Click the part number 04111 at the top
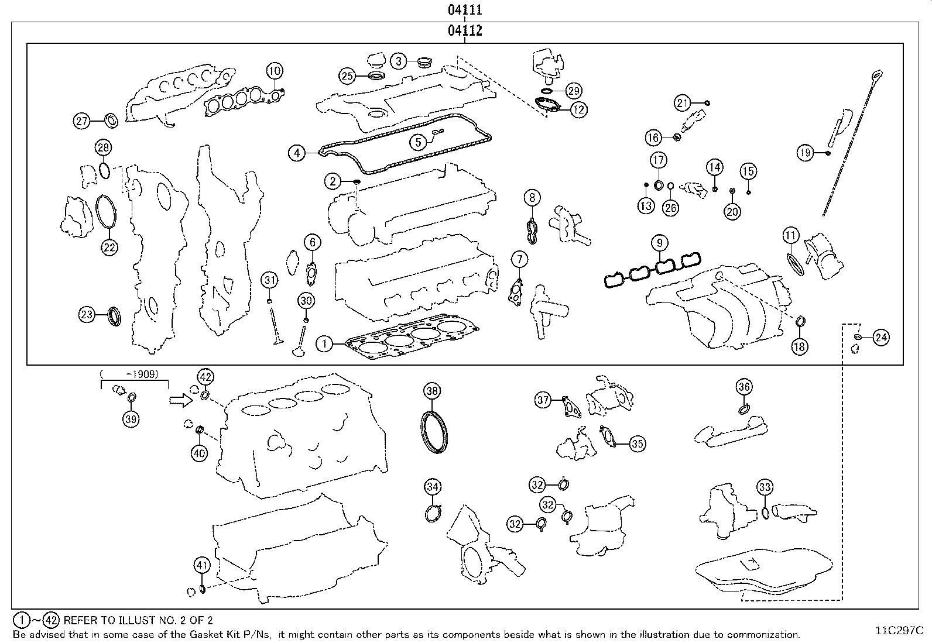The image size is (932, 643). coord(465,9)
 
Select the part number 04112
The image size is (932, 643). coord(465,30)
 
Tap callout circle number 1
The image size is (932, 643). coord(324,343)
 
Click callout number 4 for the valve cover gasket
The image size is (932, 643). coord(297,153)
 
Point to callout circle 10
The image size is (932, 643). coord(275,71)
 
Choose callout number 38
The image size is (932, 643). coord(432,391)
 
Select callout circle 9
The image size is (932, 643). coord(659,243)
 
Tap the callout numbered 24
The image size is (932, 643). coord(881,338)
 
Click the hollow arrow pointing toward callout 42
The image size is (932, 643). coord(181,401)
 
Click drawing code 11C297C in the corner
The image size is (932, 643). coord(899,630)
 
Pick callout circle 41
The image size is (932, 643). coord(202,565)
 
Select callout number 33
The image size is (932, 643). coord(765,487)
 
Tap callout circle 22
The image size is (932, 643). coord(109,247)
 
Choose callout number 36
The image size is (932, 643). coord(744,387)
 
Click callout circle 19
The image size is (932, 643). coord(805,153)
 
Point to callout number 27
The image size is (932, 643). coord(81,121)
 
